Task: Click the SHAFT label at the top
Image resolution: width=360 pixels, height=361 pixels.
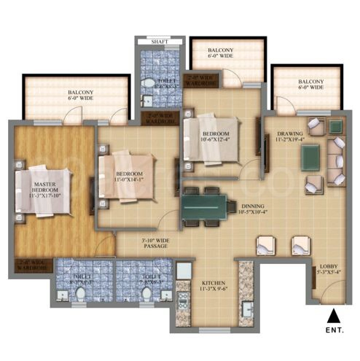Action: tap(158, 42)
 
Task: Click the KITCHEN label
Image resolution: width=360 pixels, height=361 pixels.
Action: tap(214, 284)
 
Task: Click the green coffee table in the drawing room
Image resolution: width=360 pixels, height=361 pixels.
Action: tap(310, 156)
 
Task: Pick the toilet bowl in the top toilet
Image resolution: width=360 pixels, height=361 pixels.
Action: tap(146, 82)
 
